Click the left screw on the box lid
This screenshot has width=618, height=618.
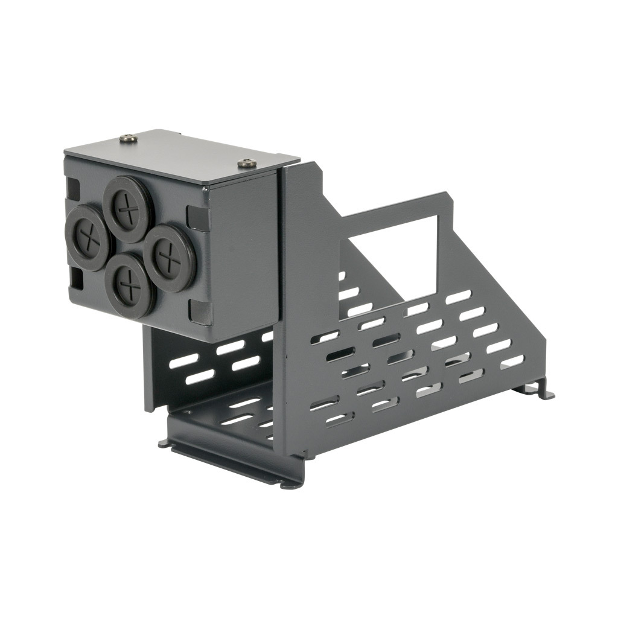coord(128,139)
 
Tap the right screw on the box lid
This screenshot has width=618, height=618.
coord(247,163)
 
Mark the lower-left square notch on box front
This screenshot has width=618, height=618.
coord(77,278)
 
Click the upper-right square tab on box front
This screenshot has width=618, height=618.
coord(198,218)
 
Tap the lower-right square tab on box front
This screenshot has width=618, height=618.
coord(200,312)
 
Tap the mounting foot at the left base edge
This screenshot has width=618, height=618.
coord(165,444)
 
